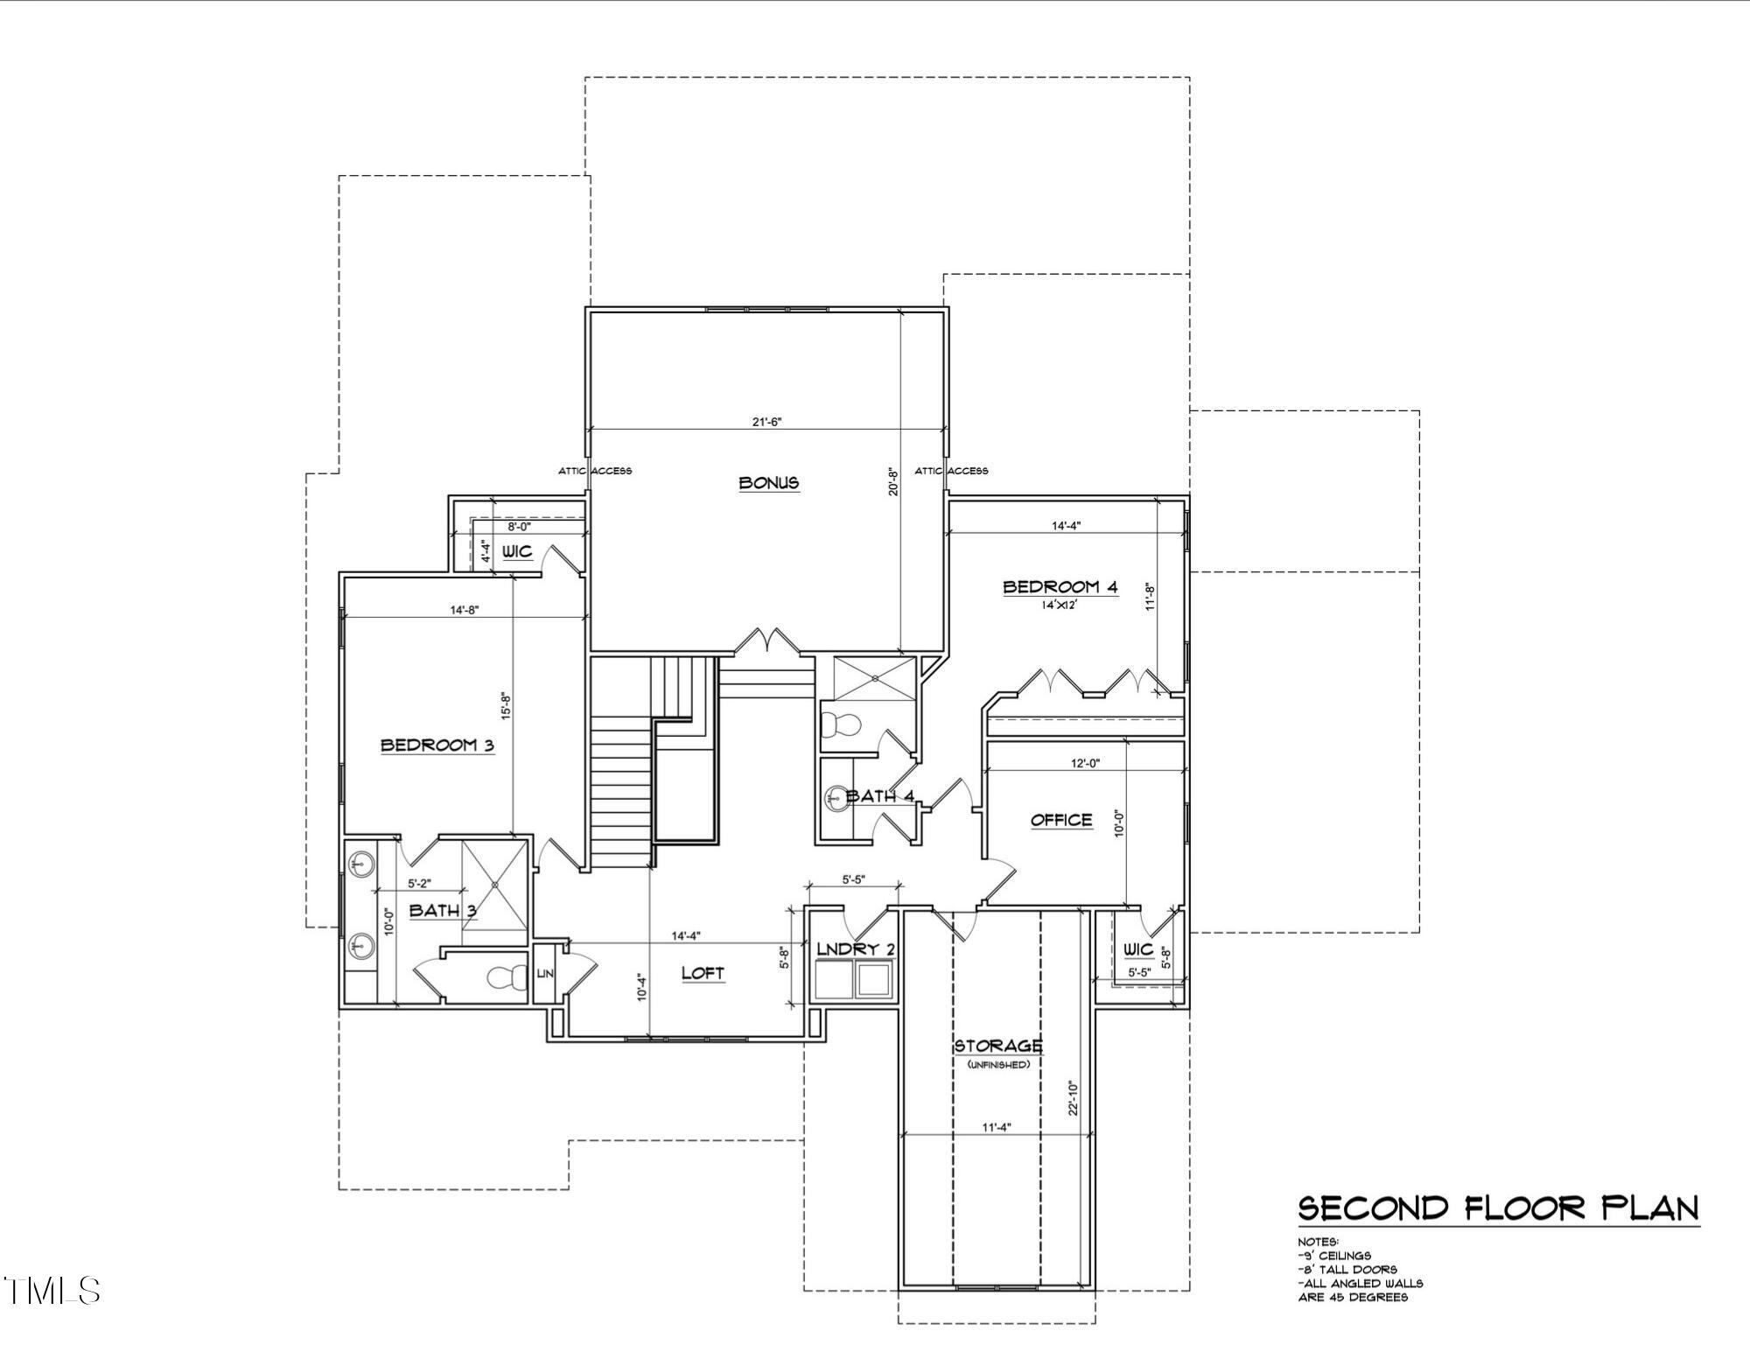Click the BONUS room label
coord(768,482)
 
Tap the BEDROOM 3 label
coord(437,746)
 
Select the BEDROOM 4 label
coord(1060,587)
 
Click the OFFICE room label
coord(1061,820)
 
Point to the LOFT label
coord(703,973)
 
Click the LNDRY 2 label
coord(855,949)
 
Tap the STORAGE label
coord(997,1046)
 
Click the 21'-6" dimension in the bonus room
coord(766,422)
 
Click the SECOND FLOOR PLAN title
coord(1497,1208)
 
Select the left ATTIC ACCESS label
coord(595,471)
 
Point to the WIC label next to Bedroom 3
coord(516,552)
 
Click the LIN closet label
coord(543,974)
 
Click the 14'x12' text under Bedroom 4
coord(1059,605)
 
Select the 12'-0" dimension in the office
coord(1085,763)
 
